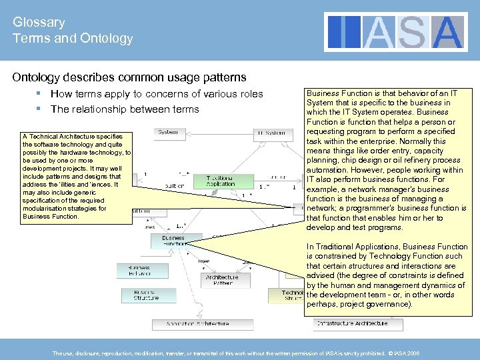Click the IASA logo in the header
point(396,32)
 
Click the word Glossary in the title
point(39,22)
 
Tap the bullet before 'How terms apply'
point(41,94)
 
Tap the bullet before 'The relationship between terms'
point(41,109)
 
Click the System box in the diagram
point(168,132)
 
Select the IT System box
point(271,133)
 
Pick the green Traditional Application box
point(221,181)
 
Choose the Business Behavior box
point(135,270)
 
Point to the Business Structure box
point(146,294)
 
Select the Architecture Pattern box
point(222,280)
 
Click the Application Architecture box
point(193,324)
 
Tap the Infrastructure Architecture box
point(351,323)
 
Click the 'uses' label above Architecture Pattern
point(204,261)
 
